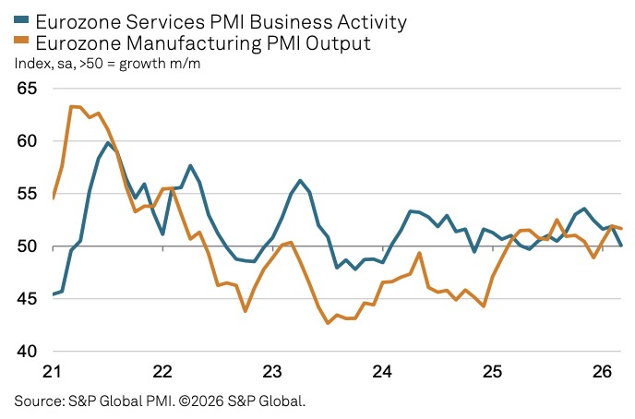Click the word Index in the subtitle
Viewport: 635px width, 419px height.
pyautogui.click(x=31, y=64)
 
